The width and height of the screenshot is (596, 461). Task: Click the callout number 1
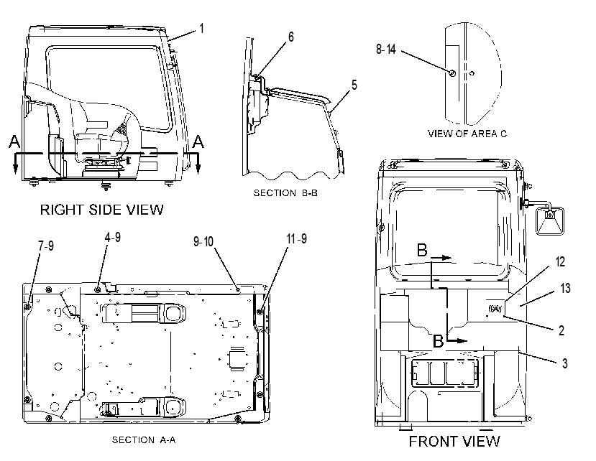(202, 29)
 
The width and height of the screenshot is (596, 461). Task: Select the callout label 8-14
(386, 50)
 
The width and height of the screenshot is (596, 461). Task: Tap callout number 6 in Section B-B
(290, 37)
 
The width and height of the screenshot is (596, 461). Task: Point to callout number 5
(354, 85)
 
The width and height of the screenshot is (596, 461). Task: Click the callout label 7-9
(45, 246)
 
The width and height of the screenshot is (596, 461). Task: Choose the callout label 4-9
(113, 238)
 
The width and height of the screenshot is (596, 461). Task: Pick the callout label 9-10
(203, 241)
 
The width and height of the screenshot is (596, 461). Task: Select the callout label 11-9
(296, 239)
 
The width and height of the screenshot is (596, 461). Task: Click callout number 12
(560, 261)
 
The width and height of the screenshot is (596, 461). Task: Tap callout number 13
(565, 288)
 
